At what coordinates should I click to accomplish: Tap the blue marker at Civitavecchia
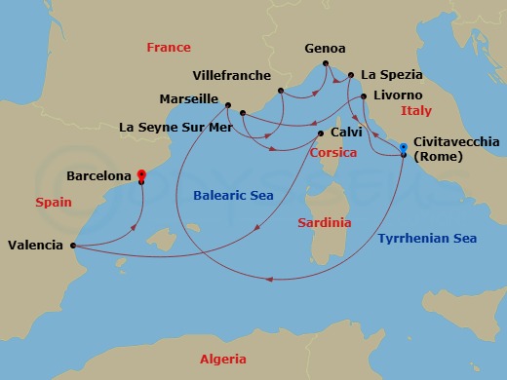[x=404, y=147]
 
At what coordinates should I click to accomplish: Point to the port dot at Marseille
[x=227, y=105]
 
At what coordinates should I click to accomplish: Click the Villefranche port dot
[x=281, y=92]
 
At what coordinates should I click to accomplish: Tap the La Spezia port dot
[x=352, y=76]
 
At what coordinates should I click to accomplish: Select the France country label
[x=167, y=47]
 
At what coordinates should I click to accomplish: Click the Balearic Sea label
[x=233, y=195]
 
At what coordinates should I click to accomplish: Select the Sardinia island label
[x=323, y=223]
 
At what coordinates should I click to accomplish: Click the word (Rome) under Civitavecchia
[x=438, y=157]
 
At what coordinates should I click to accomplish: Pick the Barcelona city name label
[x=98, y=176]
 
